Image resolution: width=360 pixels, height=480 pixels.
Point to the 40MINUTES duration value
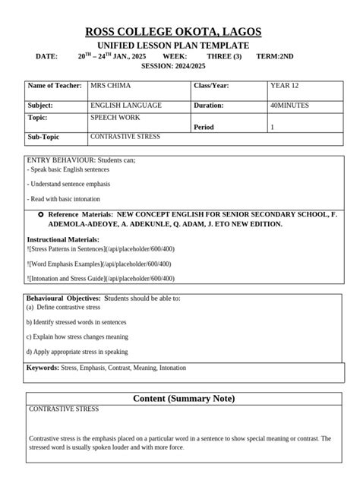[289, 106]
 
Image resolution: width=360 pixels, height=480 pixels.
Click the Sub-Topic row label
[43, 137]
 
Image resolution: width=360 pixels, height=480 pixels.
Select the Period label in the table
[204, 127]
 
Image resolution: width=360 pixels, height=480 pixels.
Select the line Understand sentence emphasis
[68, 185]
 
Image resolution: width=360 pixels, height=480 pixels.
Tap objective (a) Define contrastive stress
[63, 308]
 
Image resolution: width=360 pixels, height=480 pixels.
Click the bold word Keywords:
[43, 368]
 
